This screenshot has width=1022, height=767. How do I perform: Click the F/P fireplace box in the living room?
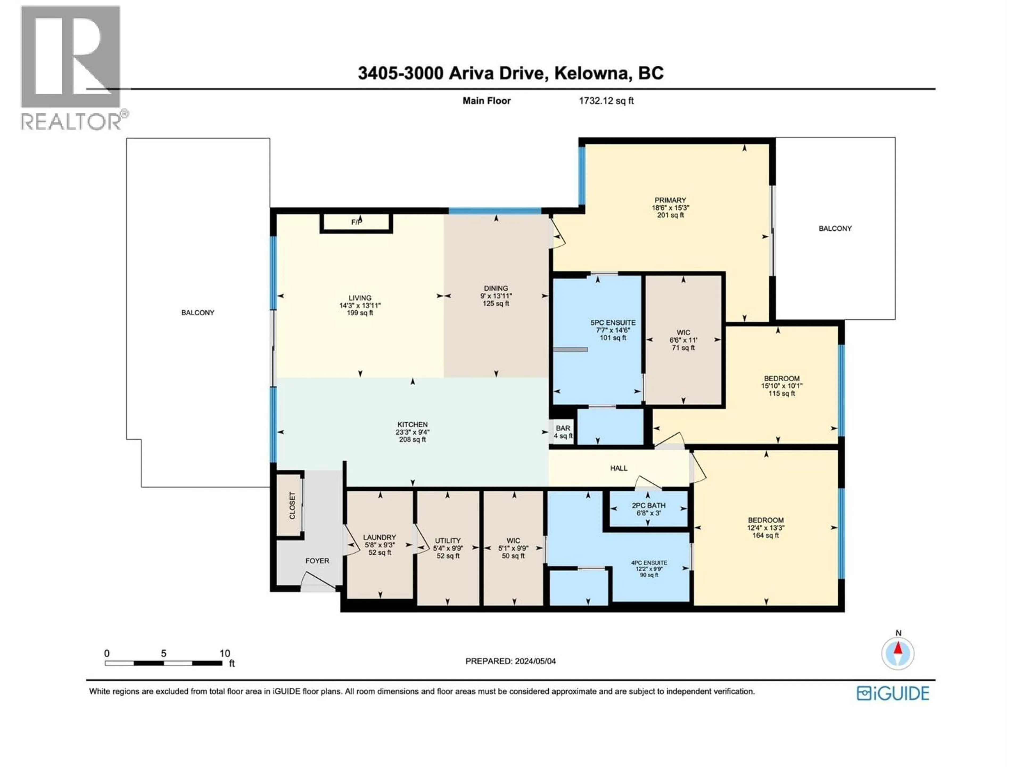click(x=356, y=222)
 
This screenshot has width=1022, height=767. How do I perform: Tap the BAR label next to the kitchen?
click(x=563, y=428)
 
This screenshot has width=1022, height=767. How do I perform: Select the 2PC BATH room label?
click(x=649, y=505)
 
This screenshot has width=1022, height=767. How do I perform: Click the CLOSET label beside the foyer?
click(x=292, y=505)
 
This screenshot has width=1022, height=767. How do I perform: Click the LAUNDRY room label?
click(x=379, y=537)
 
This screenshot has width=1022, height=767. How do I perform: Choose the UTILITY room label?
click(x=448, y=540)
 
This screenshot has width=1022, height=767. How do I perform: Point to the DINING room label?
click(x=496, y=288)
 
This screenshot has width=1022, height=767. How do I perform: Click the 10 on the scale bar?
click(x=225, y=653)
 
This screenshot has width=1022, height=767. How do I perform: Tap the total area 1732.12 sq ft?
click(x=606, y=101)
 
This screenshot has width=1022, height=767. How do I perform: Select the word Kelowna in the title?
click(x=593, y=73)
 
